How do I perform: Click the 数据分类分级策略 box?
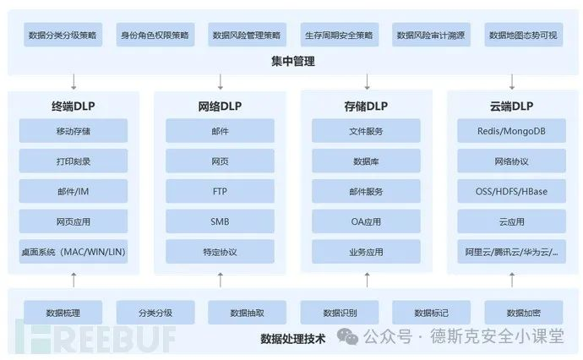(62, 35)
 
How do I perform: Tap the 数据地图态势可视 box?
(524, 35)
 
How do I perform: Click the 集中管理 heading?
(292, 62)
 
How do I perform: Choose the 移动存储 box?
(74, 131)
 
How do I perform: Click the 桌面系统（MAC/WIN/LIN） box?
(74, 252)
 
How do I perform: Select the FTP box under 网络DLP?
(220, 192)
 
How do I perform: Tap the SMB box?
(220, 221)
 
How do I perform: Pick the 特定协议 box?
(220, 252)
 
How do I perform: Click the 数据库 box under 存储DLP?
(366, 161)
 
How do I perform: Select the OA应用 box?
(366, 221)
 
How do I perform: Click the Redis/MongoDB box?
(512, 131)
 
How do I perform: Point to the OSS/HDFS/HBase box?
(512, 192)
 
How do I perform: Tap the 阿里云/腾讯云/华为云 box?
(512, 252)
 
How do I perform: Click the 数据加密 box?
(523, 312)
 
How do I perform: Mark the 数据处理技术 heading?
(292, 339)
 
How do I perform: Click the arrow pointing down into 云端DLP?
(513, 82)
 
